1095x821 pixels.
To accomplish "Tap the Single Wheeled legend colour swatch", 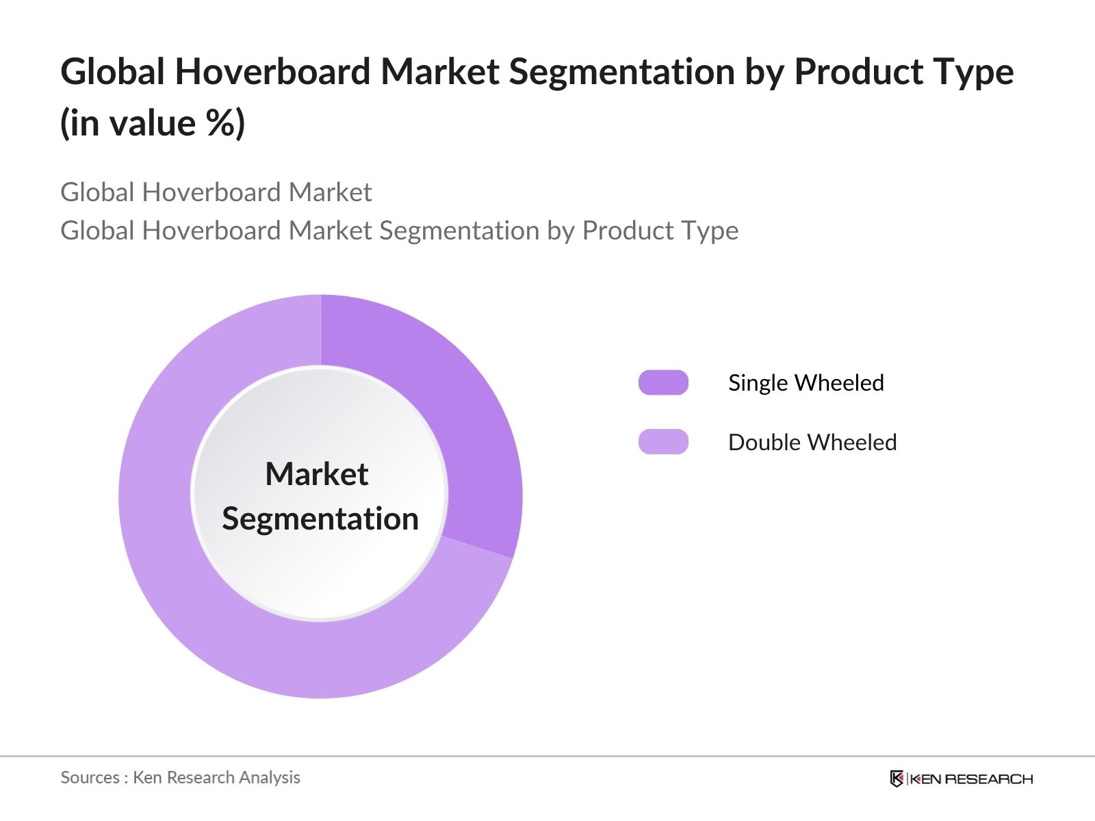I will click(x=663, y=382).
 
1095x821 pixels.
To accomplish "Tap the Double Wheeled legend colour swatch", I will click(x=663, y=442).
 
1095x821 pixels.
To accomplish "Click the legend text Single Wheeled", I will click(x=806, y=382).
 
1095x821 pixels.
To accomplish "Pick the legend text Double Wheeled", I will click(x=812, y=442).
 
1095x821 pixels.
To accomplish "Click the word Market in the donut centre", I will click(x=317, y=473).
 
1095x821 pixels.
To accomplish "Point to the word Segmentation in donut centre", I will click(x=320, y=519).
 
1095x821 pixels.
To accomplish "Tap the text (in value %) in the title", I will click(x=153, y=123).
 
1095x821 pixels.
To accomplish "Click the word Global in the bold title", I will click(x=112, y=71).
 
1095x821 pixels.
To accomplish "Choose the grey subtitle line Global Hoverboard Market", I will click(x=216, y=192).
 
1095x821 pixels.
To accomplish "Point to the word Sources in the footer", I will click(x=90, y=777).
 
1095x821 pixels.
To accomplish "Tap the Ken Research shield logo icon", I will click(x=897, y=779).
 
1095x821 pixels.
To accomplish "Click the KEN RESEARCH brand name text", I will click(x=971, y=779).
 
